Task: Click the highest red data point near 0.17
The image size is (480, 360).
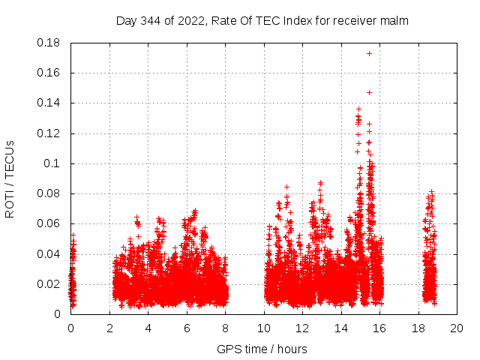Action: pyautogui.click(x=369, y=53)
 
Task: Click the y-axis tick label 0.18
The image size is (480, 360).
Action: pyautogui.click(x=49, y=43)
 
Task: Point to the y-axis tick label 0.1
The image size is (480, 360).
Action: pyautogui.click(x=54, y=163)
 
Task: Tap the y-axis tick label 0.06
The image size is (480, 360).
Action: pyautogui.click(x=49, y=223)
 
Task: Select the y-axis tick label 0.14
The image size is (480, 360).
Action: pyautogui.click(x=49, y=103)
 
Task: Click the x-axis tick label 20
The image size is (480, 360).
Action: pyautogui.click(x=456, y=328)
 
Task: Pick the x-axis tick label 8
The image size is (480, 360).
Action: pyautogui.click(x=225, y=328)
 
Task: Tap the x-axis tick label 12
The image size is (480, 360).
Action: pyautogui.click(x=302, y=328)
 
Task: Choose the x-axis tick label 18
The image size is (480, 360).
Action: pyautogui.click(x=418, y=328)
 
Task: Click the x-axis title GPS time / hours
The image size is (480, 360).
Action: pyautogui.click(x=262, y=349)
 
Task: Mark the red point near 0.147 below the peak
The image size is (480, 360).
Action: pyautogui.click(x=369, y=92)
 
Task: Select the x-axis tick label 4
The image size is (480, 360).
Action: pyautogui.click(x=148, y=328)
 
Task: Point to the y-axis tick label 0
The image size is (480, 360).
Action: pyautogui.click(x=58, y=314)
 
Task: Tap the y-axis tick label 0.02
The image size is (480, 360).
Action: pyautogui.click(x=49, y=283)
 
